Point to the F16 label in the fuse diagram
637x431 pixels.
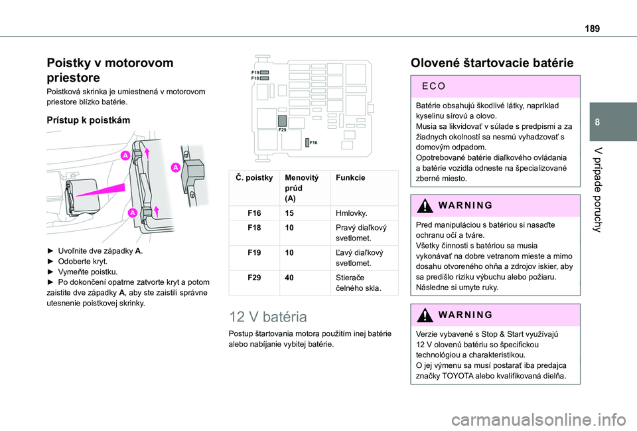pyautogui.click(x=313, y=143)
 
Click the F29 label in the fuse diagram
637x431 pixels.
pyautogui.click(x=283, y=131)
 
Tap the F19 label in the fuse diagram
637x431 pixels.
pyautogui.click(x=255, y=71)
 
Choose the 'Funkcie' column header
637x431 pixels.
pyautogui.click(x=350, y=179)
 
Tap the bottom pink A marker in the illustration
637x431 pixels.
pyautogui.click(x=131, y=213)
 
